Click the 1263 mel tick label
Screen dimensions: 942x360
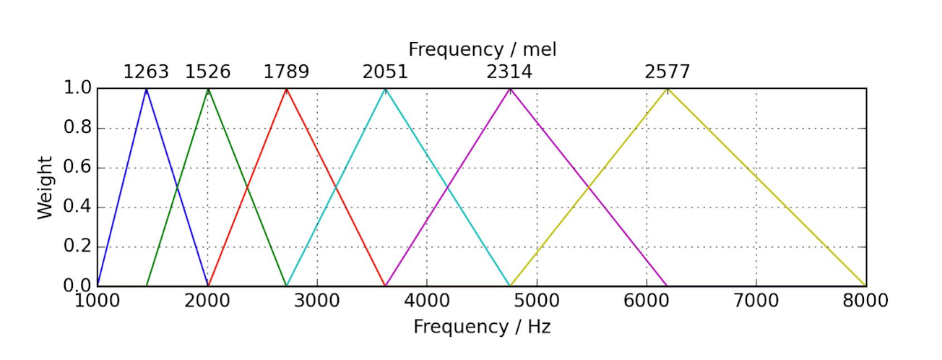pos(146,72)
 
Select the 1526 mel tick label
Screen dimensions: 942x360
pos(208,72)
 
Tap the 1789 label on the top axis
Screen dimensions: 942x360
pos(286,72)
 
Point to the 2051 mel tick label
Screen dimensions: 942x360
pos(385,72)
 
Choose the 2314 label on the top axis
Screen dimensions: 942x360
pos(509,72)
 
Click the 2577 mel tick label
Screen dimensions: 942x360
pos(667,72)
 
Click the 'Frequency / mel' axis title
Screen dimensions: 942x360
pos(483,50)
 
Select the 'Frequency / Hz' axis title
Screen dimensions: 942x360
pos(482,327)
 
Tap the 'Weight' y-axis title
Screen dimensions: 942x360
pos(45,188)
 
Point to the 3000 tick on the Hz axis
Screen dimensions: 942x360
pos(316,301)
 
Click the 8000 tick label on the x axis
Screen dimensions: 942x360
pos(865,301)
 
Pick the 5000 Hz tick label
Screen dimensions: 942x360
pos(537,301)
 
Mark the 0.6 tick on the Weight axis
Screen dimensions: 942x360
pos(77,167)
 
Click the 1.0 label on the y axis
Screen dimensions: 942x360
pos(77,87)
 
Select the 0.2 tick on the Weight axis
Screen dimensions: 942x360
pos(77,247)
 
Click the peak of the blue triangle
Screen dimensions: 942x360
pos(147,88)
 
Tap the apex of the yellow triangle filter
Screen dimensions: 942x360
pos(667,88)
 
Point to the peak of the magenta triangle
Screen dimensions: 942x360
pos(510,88)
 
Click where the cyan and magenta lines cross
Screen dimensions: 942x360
pos(447,187)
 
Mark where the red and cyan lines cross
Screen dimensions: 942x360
pos(336,187)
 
